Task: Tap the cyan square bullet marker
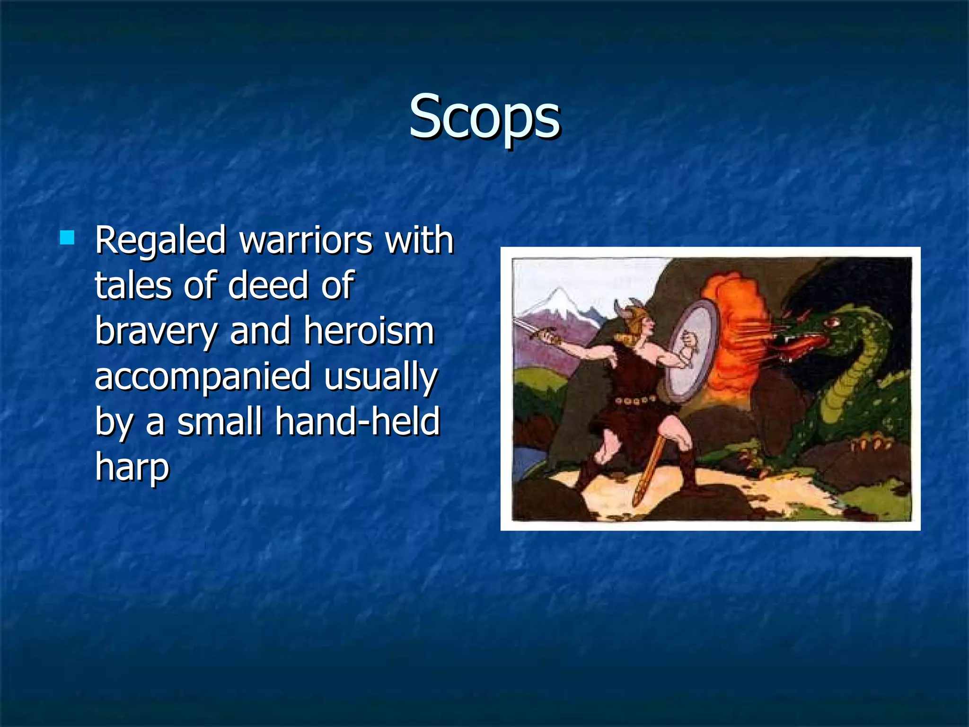(x=67, y=237)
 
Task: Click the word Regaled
(x=160, y=240)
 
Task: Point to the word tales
(x=133, y=285)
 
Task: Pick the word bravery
(x=156, y=331)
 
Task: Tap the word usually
(x=381, y=377)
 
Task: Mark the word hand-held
(x=358, y=421)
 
